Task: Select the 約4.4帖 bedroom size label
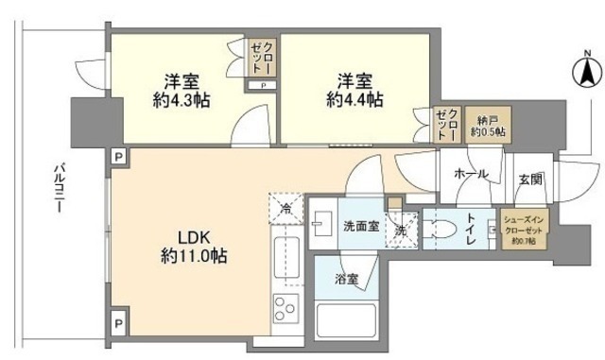click(355, 98)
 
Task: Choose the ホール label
click(470, 175)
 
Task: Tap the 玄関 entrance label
click(528, 178)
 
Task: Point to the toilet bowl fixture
click(441, 227)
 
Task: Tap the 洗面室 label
click(361, 227)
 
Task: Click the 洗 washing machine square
click(401, 229)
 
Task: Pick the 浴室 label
click(346, 280)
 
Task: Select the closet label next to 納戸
click(445, 125)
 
